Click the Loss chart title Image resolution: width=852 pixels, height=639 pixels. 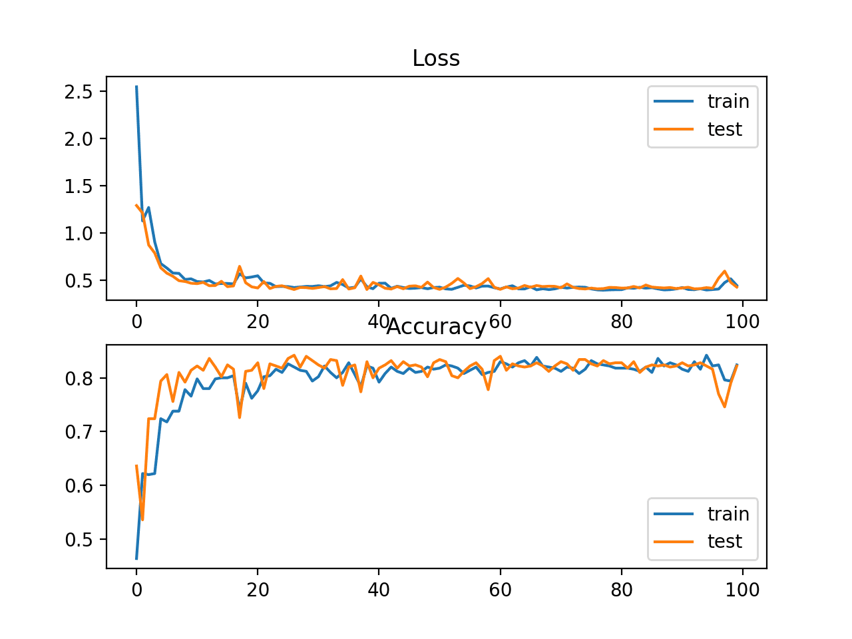(x=436, y=59)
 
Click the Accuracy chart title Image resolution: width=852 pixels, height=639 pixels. (x=436, y=327)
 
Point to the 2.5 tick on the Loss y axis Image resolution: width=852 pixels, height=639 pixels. (x=78, y=91)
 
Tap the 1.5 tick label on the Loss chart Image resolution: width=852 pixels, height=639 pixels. (x=78, y=186)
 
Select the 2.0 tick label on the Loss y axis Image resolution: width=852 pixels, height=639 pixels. (x=78, y=138)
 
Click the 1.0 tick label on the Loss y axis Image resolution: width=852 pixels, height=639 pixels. (x=78, y=233)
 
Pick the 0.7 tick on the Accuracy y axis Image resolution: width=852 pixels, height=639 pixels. (x=78, y=432)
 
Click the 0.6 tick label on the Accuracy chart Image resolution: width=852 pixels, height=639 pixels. (x=78, y=486)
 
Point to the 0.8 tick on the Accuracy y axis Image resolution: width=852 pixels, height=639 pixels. (x=78, y=378)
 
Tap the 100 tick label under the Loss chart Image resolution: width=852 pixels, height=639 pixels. (x=742, y=322)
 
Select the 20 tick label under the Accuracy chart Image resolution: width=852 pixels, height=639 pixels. (x=258, y=590)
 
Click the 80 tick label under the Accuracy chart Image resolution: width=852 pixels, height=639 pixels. (x=621, y=590)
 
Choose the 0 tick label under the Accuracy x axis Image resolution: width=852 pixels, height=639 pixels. (x=136, y=590)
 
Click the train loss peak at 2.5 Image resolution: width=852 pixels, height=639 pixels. (x=136, y=87)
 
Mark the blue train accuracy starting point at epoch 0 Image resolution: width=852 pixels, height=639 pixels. (x=136, y=558)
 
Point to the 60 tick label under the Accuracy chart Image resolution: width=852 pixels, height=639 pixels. (x=500, y=590)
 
